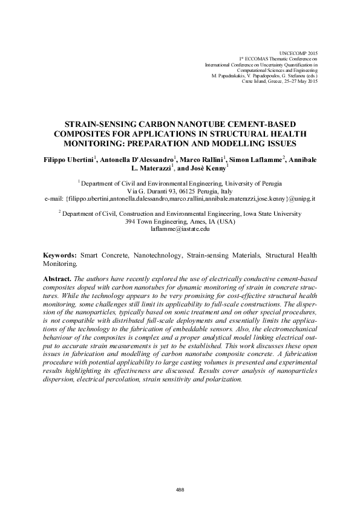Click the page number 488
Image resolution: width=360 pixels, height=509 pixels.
click(x=180, y=490)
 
